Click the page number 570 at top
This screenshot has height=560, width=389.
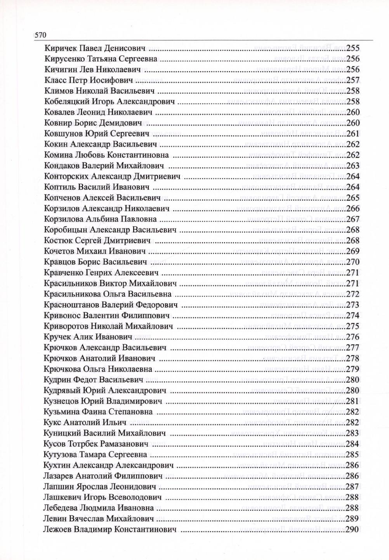point(41,35)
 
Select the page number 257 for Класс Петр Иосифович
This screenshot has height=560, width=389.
point(352,81)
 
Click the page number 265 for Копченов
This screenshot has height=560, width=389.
point(352,198)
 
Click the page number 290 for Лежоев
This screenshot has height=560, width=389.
point(352,529)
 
